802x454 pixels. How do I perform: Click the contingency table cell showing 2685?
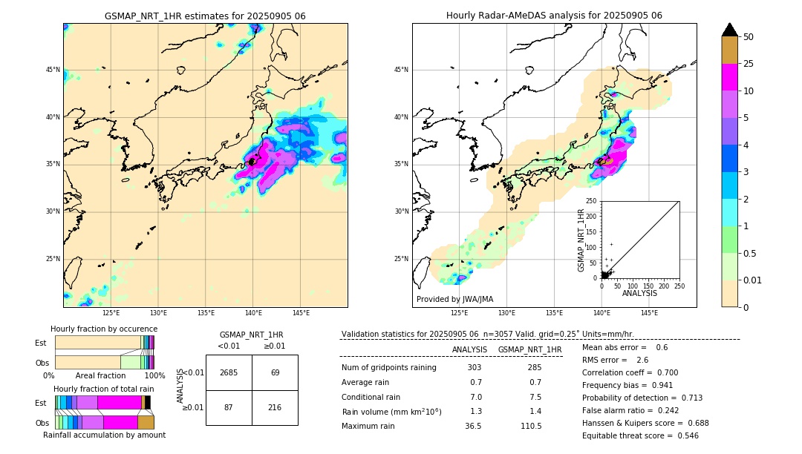click(x=229, y=372)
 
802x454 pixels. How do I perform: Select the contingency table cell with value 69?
click(x=275, y=372)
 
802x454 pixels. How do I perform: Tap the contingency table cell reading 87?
click(x=229, y=408)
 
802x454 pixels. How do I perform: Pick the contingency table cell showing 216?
click(x=275, y=408)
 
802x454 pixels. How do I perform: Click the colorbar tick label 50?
click(x=749, y=37)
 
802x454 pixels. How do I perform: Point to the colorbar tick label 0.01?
click(x=753, y=280)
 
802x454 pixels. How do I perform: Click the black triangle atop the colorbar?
click(x=730, y=30)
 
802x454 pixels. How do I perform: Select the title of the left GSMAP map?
click(x=205, y=16)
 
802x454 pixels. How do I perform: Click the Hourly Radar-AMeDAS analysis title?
click(x=554, y=16)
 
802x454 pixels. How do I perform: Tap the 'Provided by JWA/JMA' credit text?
click(x=454, y=299)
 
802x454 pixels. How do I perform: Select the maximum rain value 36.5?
click(x=473, y=427)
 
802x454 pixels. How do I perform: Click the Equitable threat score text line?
click(x=640, y=435)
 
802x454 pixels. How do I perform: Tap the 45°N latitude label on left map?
click(x=53, y=70)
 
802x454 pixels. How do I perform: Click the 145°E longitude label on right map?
click(x=649, y=313)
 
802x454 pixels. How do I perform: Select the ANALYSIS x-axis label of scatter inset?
click(x=640, y=294)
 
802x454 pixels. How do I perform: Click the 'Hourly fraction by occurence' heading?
click(x=104, y=329)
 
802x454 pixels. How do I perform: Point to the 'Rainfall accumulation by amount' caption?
click(x=104, y=435)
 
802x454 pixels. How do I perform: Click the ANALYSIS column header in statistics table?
click(x=469, y=349)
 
